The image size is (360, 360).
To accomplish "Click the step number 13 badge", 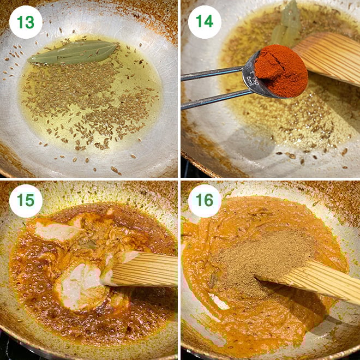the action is click(x=26, y=22).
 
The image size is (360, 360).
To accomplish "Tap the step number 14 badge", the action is click(x=205, y=22).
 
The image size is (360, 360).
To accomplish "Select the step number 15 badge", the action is click(x=26, y=201).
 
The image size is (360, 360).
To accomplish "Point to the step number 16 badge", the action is click(x=205, y=201).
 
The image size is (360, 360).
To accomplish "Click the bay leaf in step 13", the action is click(x=73, y=52).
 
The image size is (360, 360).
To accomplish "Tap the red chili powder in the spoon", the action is click(x=280, y=70).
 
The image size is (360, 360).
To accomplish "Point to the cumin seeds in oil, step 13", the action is click(x=89, y=101).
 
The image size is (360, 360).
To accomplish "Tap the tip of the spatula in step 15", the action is click(x=103, y=281).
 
